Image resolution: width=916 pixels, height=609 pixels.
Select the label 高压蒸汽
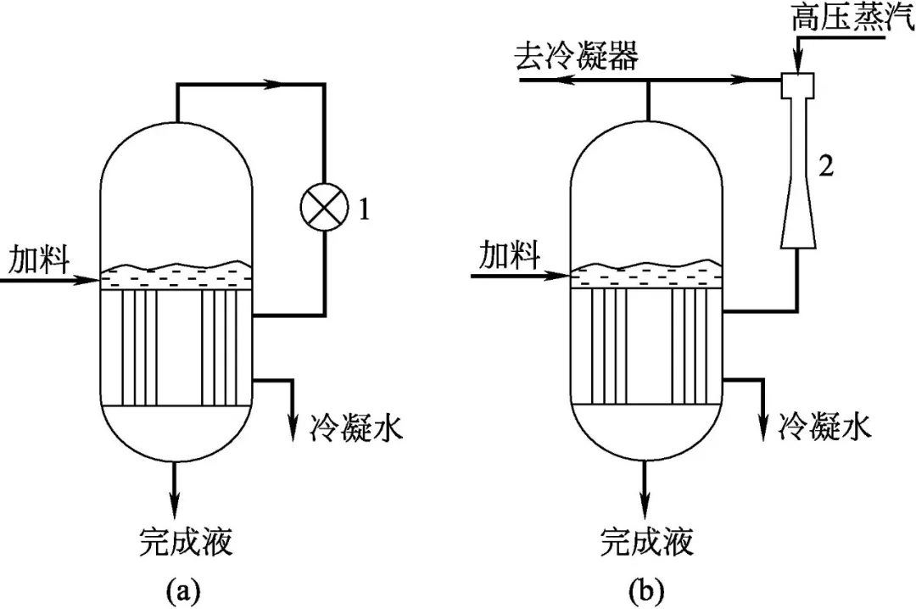852,19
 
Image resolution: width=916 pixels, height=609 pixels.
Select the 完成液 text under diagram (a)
186,539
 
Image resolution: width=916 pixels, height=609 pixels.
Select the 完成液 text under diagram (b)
647,539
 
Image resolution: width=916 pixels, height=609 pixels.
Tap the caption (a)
184,587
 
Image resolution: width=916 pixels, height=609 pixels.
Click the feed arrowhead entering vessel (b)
560,276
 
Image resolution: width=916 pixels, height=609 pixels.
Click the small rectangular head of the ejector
797,83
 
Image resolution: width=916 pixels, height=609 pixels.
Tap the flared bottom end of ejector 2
797,236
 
